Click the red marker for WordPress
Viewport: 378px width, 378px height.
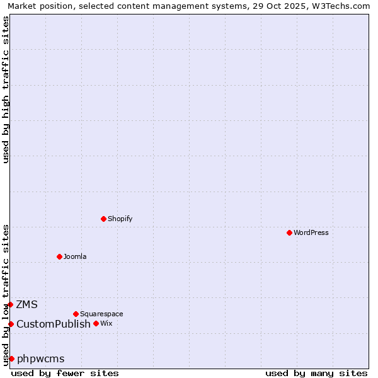(x=289, y=232)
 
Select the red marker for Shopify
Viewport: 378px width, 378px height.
(x=103, y=219)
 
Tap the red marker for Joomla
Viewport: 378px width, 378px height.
(x=59, y=256)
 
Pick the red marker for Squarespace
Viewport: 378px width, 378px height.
(x=76, y=314)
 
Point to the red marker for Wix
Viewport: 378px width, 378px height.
(x=96, y=323)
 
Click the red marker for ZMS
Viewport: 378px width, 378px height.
(x=10, y=305)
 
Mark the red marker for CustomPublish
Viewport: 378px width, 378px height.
(x=11, y=324)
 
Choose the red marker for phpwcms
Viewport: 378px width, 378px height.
(x=11, y=358)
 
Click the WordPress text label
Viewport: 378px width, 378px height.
(x=311, y=232)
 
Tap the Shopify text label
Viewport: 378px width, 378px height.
(x=120, y=219)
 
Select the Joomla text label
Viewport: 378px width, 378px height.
(x=75, y=256)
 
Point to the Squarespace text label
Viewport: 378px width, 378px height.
(x=101, y=314)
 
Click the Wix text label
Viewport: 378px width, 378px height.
(x=106, y=323)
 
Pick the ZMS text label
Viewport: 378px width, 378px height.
(x=27, y=305)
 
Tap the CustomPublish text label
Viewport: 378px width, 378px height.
(x=54, y=324)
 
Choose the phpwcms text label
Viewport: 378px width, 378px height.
(x=41, y=358)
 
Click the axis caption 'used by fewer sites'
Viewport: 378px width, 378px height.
(x=65, y=373)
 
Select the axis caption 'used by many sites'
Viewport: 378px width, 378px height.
(x=316, y=373)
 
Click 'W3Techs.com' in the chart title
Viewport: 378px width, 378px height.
(x=343, y=6)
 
